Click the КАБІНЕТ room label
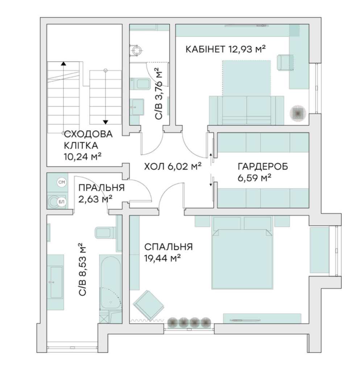(206, 49)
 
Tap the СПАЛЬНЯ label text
(168, 247)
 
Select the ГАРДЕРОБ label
(263, 166)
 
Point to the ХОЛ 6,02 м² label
(173, 166)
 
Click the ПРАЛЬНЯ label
(101, 188)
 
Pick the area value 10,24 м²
(83, 157)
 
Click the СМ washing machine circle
(62, 182)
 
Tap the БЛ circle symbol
(62, 202)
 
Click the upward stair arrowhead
(63, 64)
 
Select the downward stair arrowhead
(105, 122)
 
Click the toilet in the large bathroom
(105, 232)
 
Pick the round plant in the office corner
(298, 113)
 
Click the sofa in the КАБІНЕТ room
(247, 110)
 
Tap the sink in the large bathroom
(55, 282)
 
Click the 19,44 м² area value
(162, 259)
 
